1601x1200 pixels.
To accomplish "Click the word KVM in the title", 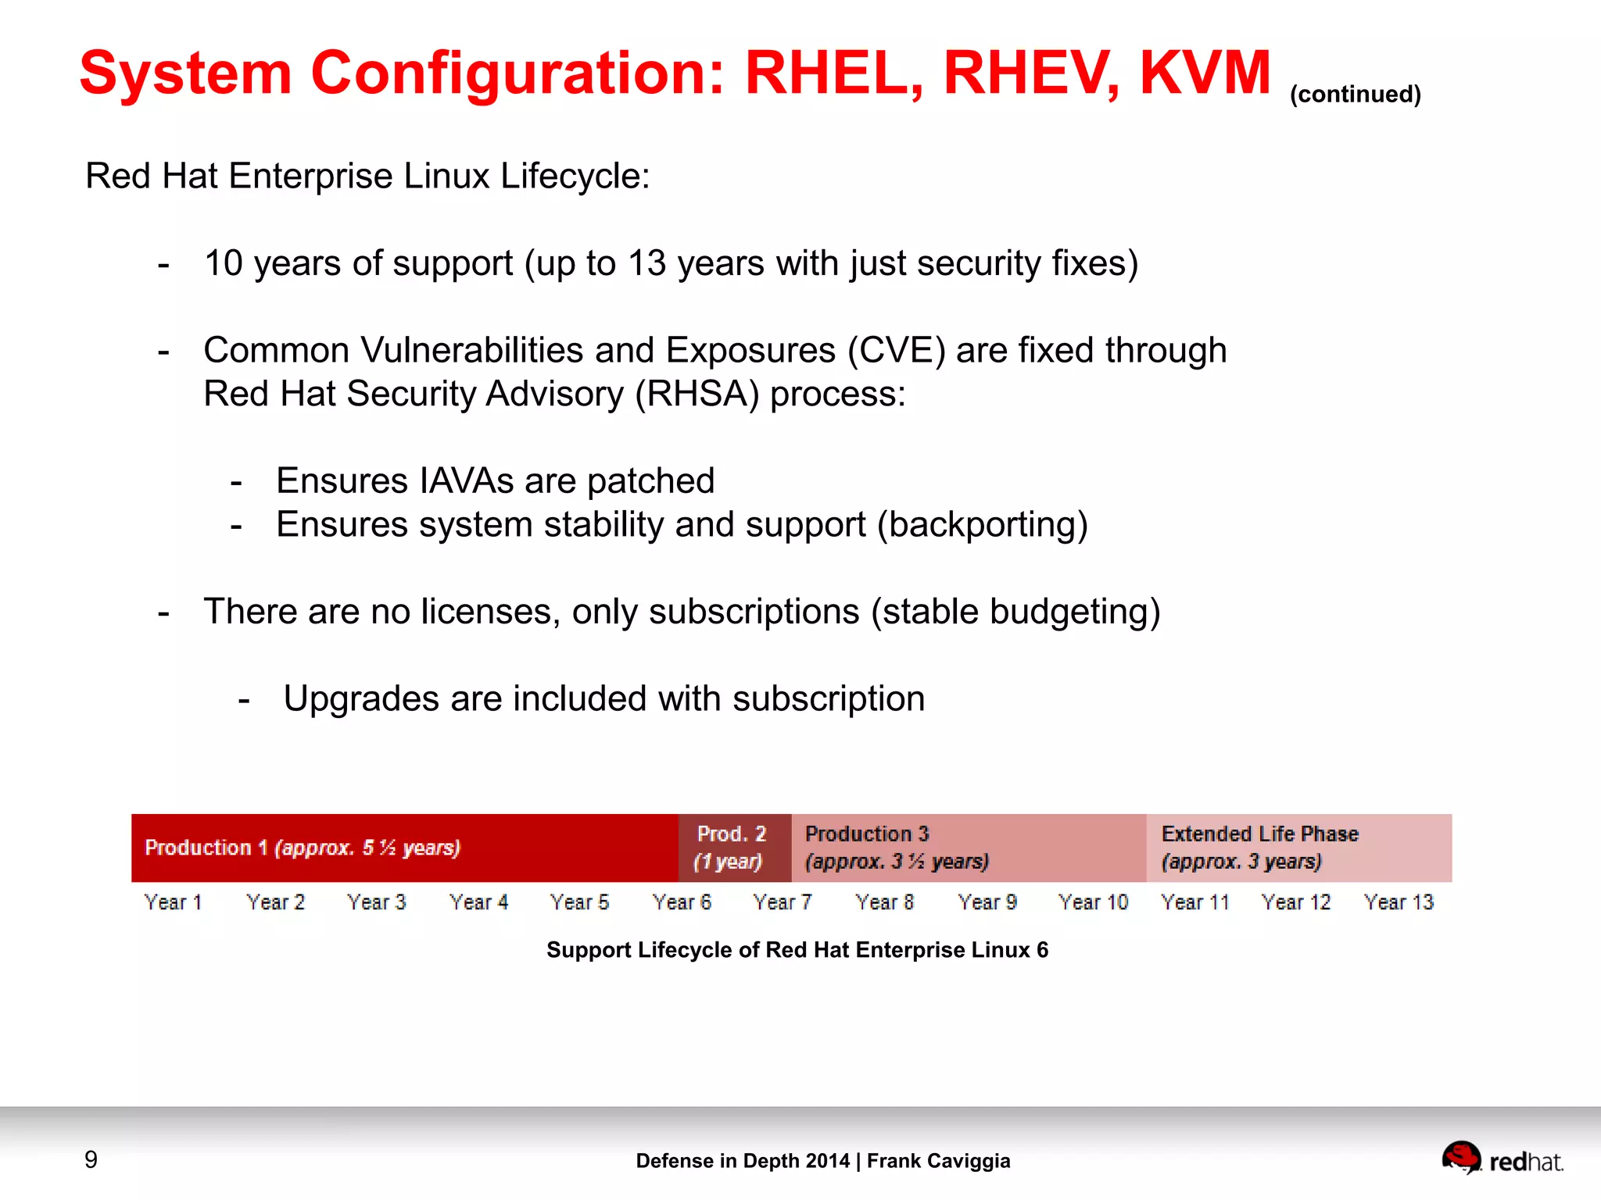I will click(x=1205, y=73).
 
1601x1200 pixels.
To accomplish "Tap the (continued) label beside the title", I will click(x=1355, y=95).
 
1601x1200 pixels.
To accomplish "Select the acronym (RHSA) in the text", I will click(x=697, y=394).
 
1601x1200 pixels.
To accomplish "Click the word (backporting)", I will click(x=982, y=524).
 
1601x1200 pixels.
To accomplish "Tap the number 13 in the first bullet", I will click(x=646, y=263).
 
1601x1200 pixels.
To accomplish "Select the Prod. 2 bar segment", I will click(x=734, y=848).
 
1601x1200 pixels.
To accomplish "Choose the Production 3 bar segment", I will click(x=968, y=848).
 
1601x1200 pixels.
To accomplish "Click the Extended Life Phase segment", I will click(x=1298, y=848).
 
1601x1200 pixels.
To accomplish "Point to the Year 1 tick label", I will click(x=174, y=902).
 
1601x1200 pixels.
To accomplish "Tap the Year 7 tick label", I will click(x=783, y=902).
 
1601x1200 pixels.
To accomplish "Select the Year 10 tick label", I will click(x=1093, y=902).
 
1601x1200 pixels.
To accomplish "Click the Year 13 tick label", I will click(x=1399, y=902).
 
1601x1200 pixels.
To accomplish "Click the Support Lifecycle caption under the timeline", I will click(x=797, y=950).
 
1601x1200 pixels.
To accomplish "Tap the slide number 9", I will click(x=91, y=1159).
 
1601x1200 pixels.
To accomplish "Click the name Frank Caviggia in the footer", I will click(x=938, y=1161).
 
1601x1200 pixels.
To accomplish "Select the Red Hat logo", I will click(x=1501, y=1159).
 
